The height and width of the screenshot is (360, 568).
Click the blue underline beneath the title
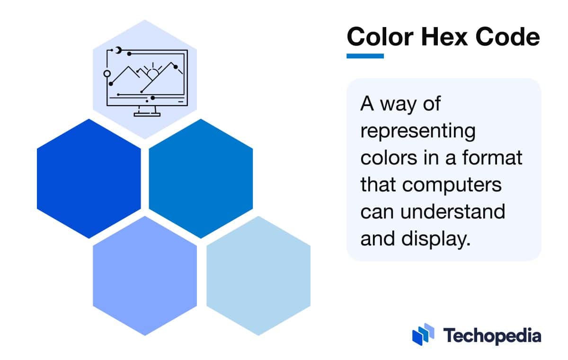365,56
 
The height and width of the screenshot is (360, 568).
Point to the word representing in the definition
417,131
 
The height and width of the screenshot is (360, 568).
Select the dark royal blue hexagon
89,179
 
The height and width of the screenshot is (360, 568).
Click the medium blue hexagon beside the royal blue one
201,179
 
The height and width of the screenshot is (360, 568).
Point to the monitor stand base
147,114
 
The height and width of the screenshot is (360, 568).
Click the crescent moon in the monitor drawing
118,50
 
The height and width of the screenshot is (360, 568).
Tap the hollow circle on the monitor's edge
107,73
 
